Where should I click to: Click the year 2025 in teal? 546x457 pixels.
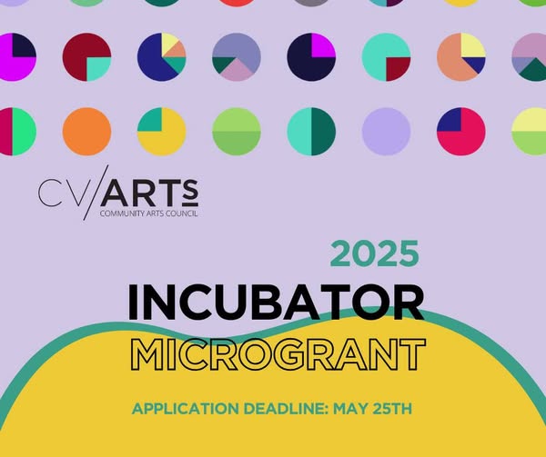[x=374, y=253]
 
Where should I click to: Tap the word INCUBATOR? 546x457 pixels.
[x=276, y=303]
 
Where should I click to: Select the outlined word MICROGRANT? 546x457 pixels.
[x=278, y=354]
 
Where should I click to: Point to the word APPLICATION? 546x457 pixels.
[x=186, y=409]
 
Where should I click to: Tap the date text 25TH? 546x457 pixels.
[x=392, y=409]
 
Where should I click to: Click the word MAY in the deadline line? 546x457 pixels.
[x=350, y=409]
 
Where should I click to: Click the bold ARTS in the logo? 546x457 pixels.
[x=150, y=193]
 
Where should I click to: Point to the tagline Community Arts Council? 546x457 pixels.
[x=148, y=214]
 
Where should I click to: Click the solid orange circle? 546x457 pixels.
[x=86, y=132]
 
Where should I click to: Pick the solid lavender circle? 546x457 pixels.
[x=386, y=132]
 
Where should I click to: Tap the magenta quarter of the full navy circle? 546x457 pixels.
[x=322, y=45]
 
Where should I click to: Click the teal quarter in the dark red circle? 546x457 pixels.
[x=97, y=68]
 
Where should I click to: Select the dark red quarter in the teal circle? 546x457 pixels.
[x=397, y=68]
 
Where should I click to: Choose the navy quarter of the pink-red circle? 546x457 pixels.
[x=450, y=121]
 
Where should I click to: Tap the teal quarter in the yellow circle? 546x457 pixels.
[x=151, y=121]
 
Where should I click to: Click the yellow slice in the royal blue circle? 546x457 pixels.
[x=169, y=43]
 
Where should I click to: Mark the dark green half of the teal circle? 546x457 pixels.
[x=323, y=132]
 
